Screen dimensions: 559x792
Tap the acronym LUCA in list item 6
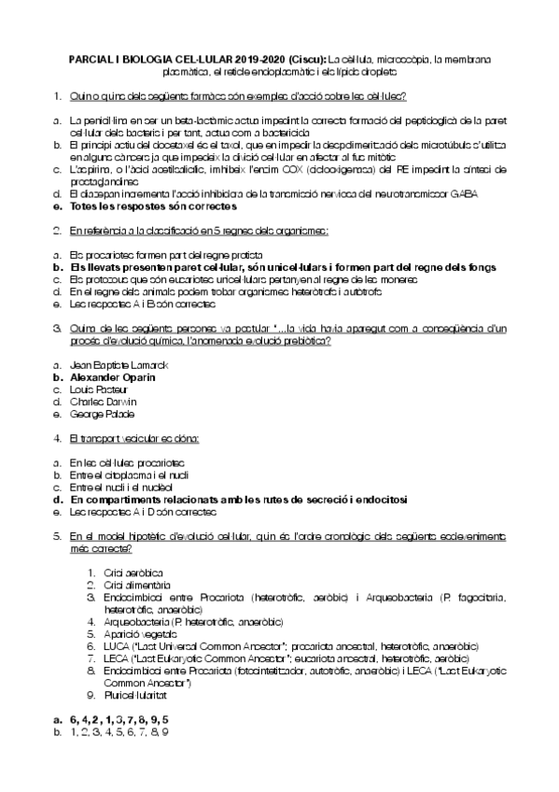coord(119,645)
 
